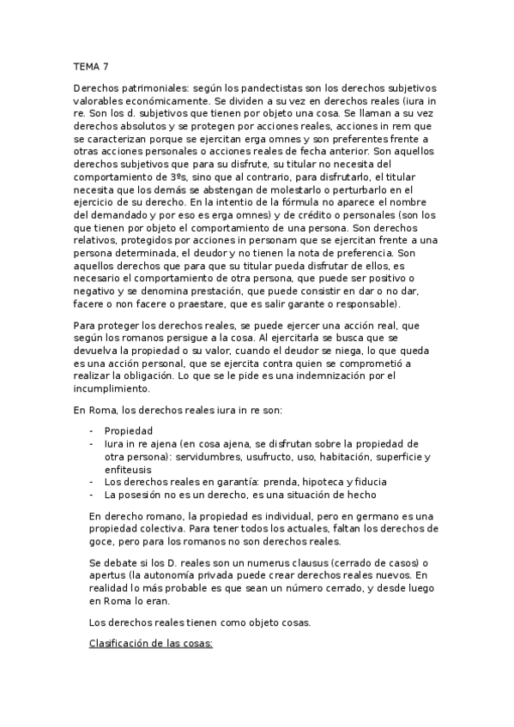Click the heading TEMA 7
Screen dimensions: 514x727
91,64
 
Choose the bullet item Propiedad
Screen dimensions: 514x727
128,430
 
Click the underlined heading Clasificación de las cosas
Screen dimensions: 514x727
154,640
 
